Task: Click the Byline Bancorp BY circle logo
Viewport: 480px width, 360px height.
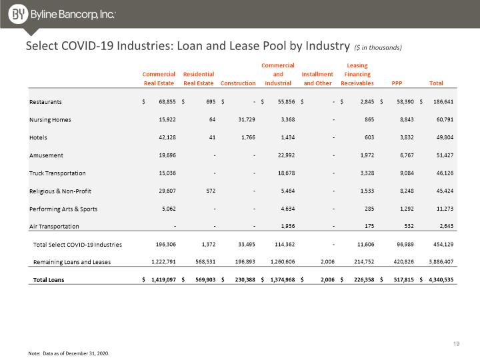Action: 18,14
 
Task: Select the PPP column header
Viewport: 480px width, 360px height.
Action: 397,83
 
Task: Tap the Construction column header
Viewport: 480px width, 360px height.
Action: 238,83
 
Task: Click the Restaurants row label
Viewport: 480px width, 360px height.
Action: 45,102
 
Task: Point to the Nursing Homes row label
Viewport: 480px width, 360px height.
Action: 50,120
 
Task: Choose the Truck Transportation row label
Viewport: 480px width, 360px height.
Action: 57,173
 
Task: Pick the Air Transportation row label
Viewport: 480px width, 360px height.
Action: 54,227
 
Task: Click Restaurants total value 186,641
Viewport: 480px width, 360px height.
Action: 443,101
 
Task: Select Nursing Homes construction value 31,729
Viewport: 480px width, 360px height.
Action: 247,119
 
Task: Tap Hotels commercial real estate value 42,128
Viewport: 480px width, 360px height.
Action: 167,137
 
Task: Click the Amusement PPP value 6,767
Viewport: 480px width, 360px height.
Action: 407,155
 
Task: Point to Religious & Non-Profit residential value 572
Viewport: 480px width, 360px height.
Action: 211,191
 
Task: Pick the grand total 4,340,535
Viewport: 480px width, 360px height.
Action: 441,279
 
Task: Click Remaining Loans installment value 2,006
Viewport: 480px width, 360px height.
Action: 327,262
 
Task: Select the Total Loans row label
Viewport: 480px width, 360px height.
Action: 49,280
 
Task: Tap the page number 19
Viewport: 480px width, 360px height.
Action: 456,344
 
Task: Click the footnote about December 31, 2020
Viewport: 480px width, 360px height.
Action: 69,353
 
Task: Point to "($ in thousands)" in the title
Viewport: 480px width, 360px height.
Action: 378,47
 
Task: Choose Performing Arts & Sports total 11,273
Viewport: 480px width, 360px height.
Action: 445,209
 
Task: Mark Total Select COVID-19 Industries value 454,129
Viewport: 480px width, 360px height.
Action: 443,244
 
